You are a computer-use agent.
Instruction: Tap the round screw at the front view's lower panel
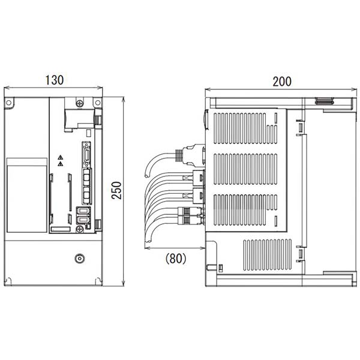click(x=79, y=259)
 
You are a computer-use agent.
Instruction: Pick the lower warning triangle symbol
click(x=60, y=164)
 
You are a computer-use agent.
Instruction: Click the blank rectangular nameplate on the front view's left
click(x=27, y=195)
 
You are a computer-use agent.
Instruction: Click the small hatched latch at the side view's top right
click(x=324, y=101)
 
